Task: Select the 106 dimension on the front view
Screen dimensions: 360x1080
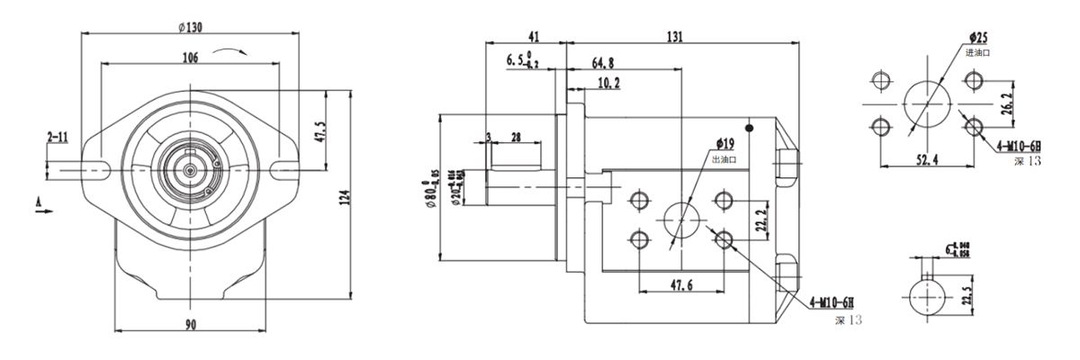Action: coord(190,57)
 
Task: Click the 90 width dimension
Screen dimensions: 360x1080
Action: coord(191,324)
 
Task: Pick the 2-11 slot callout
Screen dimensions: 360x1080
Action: coord(58,137)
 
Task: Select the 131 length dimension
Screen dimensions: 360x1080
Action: coord(677,37)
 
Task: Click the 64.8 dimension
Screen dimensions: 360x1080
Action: coord(603,63)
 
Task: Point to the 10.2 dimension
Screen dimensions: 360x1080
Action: coord(608,83)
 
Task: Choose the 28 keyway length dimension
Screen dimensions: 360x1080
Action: coord(516,137)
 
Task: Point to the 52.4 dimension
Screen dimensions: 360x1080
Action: coord(927,159)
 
